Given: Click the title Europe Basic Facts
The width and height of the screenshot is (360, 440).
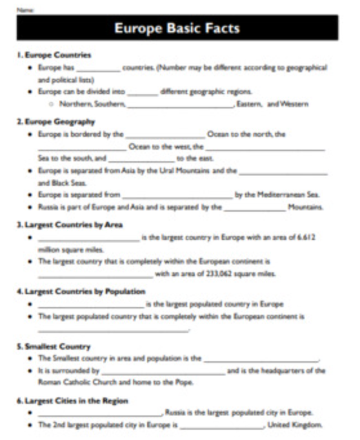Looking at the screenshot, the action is click(177, 28).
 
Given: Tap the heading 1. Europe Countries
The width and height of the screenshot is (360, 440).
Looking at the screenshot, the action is click(54, 55).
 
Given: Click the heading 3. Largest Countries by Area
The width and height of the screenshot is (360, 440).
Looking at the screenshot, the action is click(70, 225).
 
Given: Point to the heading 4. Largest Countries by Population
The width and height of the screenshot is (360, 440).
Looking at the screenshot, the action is click(81, 292).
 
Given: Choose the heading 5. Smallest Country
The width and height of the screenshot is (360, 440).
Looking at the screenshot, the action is click(54, 346).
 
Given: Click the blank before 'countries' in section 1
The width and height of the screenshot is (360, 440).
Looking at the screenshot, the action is click(99, 68).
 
